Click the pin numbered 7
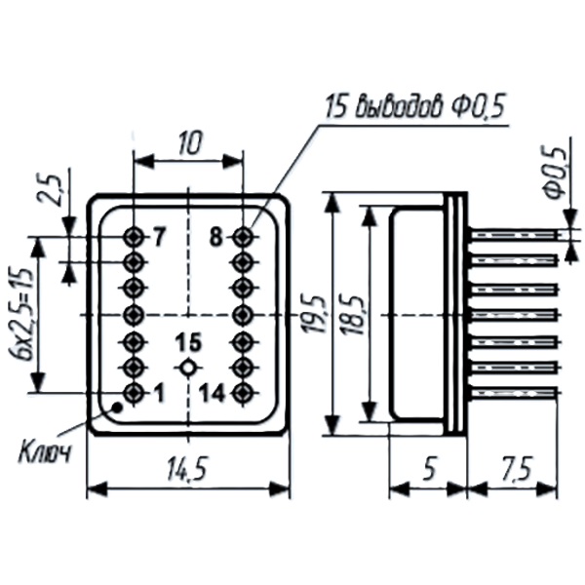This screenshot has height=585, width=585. click(x=135, y=236)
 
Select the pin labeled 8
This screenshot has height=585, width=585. click(x=242, y=236)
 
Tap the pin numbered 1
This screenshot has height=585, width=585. click(x=135, y=393)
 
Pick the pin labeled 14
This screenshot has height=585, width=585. click(x=242, y=393)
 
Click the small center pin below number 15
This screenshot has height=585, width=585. click(x=188, y=368)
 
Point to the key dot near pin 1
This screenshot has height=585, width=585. click(x=116, y=409)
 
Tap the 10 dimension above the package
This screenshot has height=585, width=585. click(x=188, y=144)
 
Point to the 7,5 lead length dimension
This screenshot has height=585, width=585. click(x=518, y=469)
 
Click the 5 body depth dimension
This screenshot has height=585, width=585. click(x=430, y=469)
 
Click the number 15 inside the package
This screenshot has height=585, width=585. click(x=188, y=342)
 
